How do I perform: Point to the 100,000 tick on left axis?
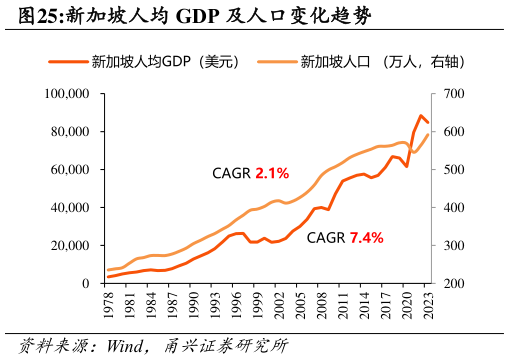click(x=68, y=94)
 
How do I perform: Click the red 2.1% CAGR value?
click(x=272, y=173)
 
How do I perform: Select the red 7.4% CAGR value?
click(x=366, y=238)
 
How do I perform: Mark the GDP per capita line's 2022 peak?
click(x=421, y=115)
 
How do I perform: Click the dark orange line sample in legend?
click(x=67, y=62)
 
